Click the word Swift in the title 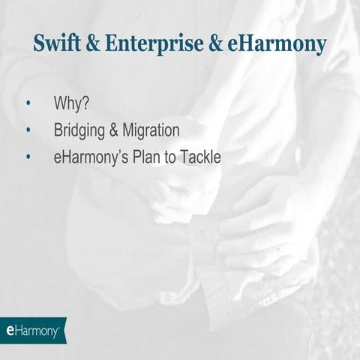57,43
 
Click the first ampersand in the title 94,43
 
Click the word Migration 152,130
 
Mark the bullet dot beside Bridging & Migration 28,131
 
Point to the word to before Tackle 172,157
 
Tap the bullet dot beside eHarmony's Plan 28,158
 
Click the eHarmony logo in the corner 32,330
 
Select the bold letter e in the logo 10,330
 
